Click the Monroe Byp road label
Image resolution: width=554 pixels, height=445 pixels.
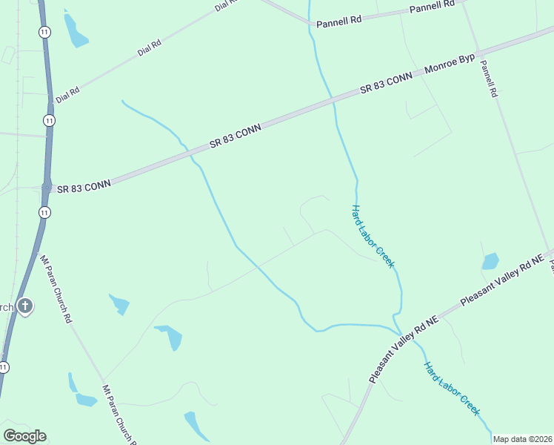(450, 66)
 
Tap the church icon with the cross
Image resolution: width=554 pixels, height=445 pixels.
(25, 306)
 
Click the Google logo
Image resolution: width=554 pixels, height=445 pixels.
(24, 436)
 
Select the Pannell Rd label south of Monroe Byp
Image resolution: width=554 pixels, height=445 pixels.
(488, 80)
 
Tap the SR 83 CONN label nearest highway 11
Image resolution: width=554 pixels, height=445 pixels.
(83, 187)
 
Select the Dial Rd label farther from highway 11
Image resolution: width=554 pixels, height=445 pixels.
(149, 49)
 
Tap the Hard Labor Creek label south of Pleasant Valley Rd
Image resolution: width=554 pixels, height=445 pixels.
(452, 389)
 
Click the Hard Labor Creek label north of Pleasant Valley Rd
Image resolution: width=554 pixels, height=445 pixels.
(373, 236)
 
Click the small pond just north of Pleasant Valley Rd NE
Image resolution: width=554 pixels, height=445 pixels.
(490, 261)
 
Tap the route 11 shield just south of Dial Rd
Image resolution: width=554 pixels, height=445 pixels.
(48, 119)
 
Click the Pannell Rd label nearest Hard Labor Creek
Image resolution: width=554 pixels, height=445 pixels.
(338, 22)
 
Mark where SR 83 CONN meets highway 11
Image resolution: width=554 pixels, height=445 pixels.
(46, 188)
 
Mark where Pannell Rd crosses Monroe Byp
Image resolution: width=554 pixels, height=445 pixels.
(478, 53)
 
